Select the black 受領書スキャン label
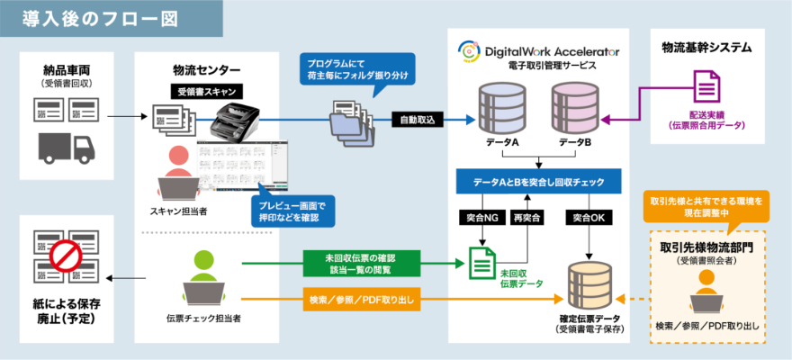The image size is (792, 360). click(x=205, y=92)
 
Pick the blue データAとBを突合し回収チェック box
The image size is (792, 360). click(x=538, y=182)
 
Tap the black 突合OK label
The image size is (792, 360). click(x=589, y=218)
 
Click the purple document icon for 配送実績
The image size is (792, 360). click(x=705, y=89)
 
